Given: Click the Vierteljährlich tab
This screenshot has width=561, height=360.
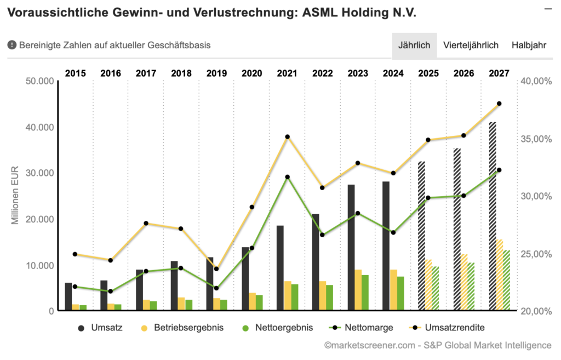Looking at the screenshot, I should [x=471, y=45].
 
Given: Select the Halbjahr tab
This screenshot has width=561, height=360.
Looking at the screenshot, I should [x=529, y=45].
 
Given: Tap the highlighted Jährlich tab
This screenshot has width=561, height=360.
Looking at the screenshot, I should [x=414, y=45].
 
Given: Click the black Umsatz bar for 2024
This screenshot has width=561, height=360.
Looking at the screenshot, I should [x=386, y=246].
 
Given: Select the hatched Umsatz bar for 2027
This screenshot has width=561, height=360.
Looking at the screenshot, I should [x=492, y=216].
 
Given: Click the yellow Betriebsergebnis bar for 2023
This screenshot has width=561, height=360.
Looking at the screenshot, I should [x=358, y=290].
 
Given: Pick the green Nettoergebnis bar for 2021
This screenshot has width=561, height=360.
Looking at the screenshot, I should [x=295, y=297].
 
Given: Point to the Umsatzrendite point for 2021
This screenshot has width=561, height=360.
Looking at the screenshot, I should [x=287, y=137].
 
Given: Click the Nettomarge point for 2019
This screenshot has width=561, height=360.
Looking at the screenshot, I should [x=216, y=288].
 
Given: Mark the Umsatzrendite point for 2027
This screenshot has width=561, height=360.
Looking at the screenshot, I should [x=499, y=104].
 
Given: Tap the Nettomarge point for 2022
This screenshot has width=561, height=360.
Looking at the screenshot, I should [x=322, y=235].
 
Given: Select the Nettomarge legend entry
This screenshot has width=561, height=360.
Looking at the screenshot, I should [x=363, y=328].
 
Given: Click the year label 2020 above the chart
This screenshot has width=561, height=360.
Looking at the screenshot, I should [x=252, y=73].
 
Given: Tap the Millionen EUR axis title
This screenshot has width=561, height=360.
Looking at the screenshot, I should [x=15, y=195].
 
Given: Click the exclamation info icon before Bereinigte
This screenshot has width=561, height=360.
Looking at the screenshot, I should [x=12, y=45].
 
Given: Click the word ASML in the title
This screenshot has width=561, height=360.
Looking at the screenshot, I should [x=320, y=12].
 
